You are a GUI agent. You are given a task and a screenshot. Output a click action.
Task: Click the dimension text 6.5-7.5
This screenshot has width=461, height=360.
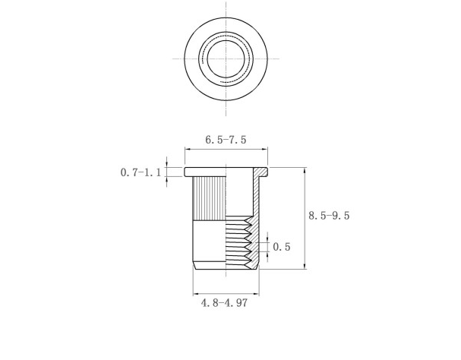pos(226,141)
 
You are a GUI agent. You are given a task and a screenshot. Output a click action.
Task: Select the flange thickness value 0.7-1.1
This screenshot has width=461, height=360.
pos(141,172)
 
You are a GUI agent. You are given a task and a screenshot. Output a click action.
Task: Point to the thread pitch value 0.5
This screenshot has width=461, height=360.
pos(282,247)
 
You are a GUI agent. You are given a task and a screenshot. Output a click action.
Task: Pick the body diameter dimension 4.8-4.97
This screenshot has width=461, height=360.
pos(225,303)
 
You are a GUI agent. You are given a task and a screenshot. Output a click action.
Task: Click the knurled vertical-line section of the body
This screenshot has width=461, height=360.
pos(209,197)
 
